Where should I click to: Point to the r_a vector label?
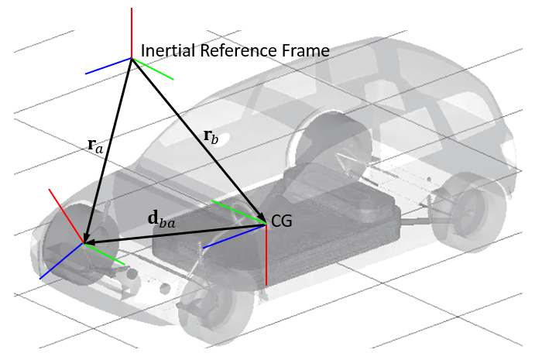point(94,143)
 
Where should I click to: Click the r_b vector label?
point(211,136)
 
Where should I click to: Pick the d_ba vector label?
point(161,218)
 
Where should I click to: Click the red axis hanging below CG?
point(266,255)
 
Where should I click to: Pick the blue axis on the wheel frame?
point(61,261)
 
